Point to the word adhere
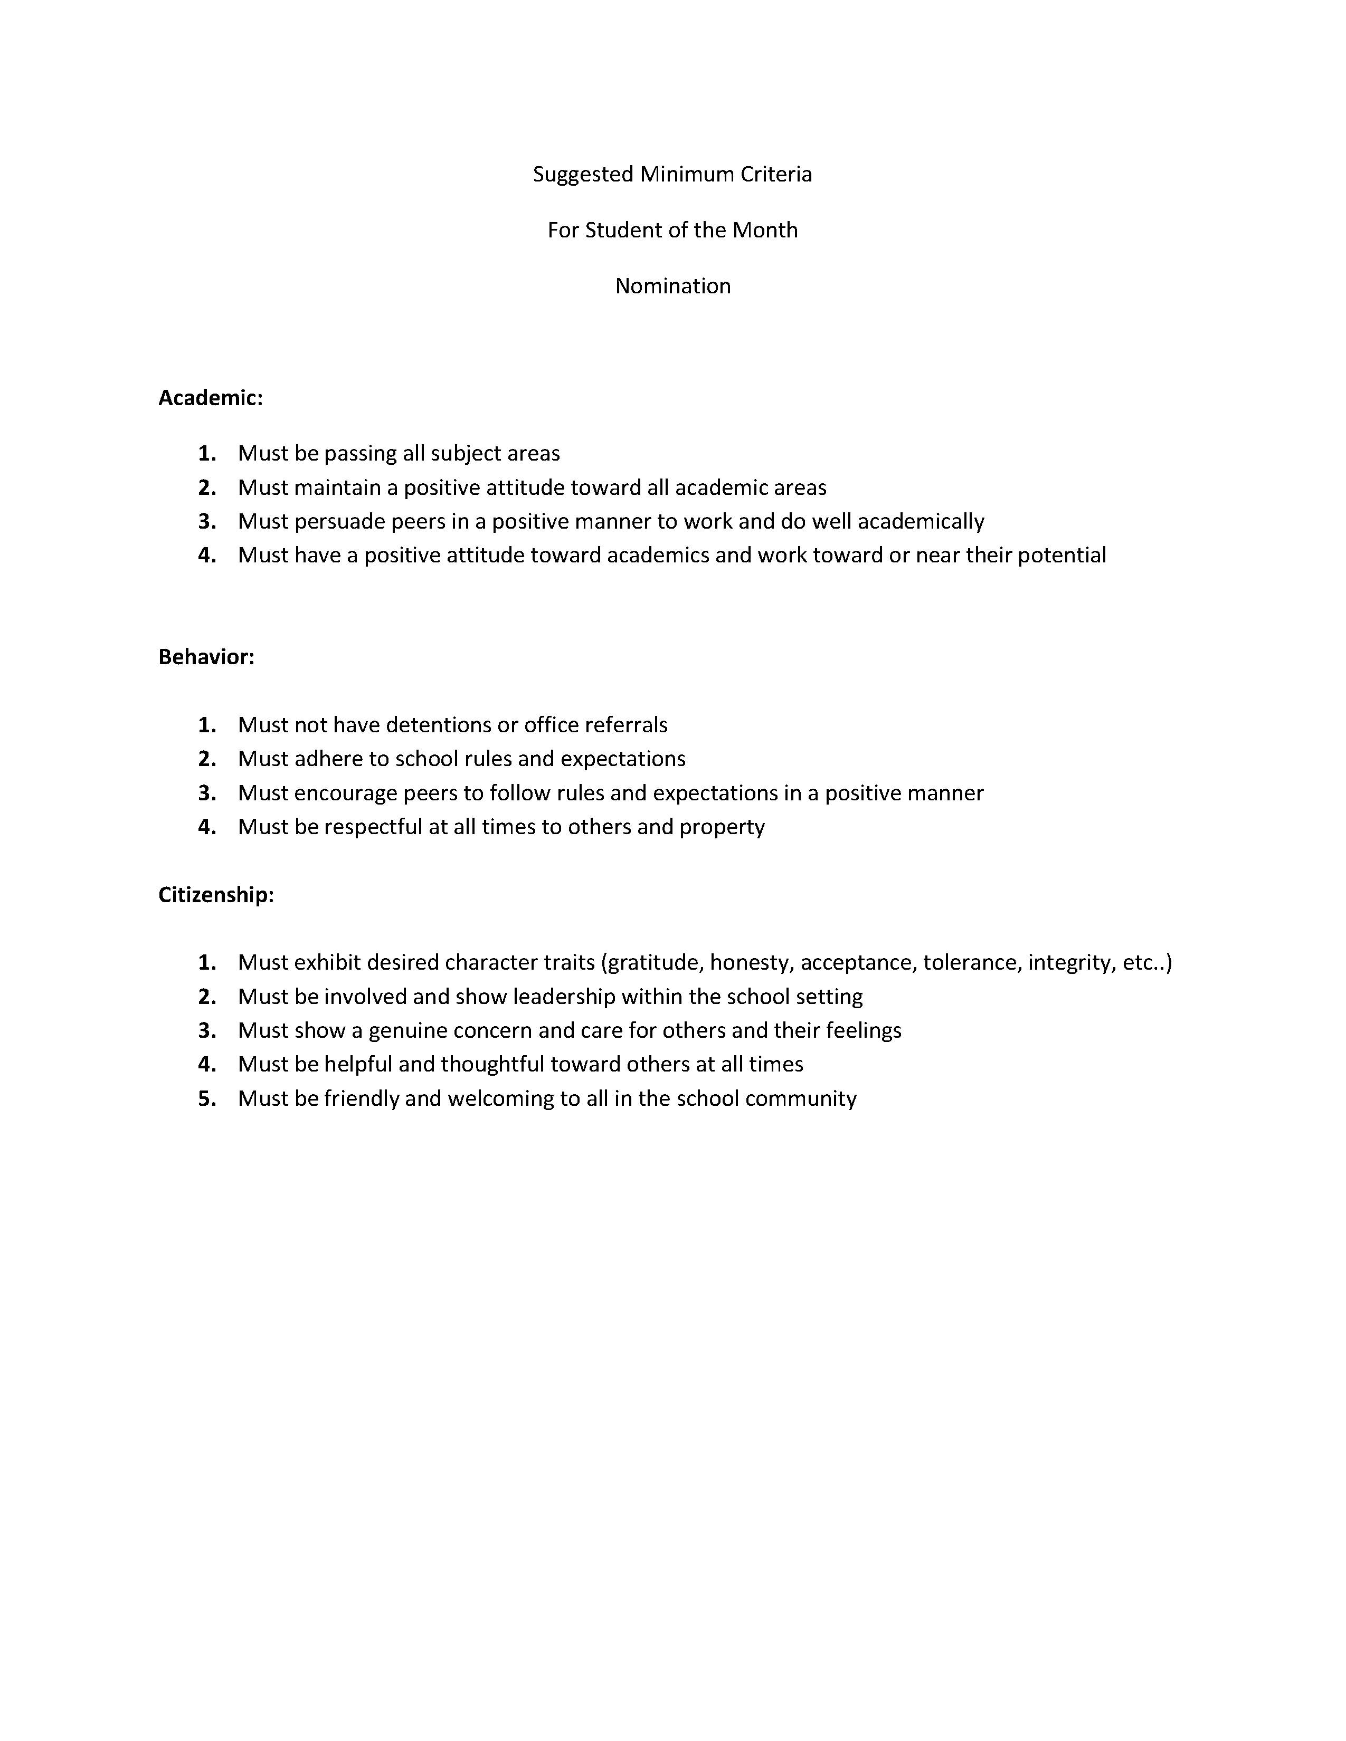pos(323,759)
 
